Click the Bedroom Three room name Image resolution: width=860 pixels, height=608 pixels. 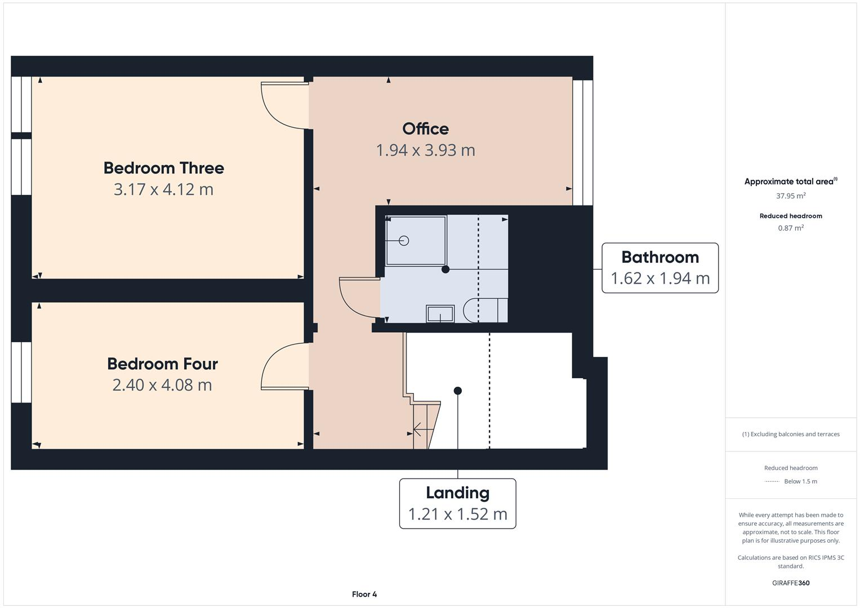[x=163, y=168]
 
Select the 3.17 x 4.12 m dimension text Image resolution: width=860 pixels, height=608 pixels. [x=163, y=190]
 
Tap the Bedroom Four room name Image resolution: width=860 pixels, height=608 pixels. [x=162, y=364]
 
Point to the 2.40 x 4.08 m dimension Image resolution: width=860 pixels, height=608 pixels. [x=162, y=385]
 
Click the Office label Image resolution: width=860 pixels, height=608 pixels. [x=425, y=129]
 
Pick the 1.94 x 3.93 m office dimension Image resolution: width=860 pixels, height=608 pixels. [x=425, y=150]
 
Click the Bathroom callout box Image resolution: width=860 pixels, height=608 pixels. [x=660, y=268]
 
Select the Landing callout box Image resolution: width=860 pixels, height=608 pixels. [x=457, y=503]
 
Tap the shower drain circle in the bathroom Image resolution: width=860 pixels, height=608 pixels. [x=404, y=240]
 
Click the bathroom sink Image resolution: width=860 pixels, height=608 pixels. [x=440, y=314]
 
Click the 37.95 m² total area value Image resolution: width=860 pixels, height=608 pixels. [x=791, y=196]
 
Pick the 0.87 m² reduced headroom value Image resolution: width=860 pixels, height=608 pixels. [x=791, y=228]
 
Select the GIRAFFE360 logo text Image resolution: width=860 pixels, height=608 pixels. [x=791, y=583]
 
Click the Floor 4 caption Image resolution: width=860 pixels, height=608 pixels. [x=364, y=594]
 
